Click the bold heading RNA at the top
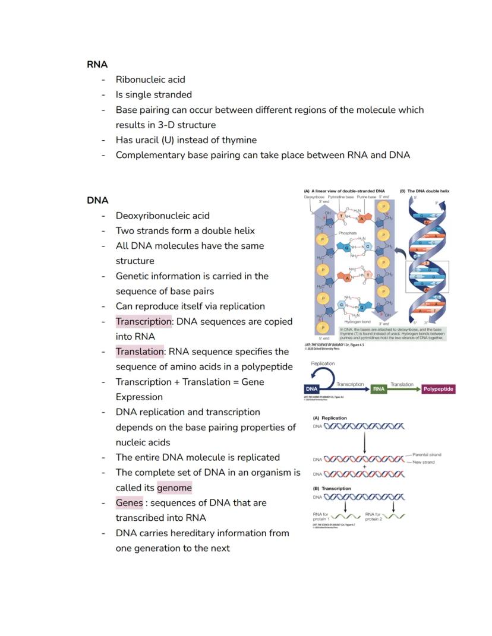coord(97,64)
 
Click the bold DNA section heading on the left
coord(97,201)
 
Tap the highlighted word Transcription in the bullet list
coord(143,321)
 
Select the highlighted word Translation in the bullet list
coord(140,352)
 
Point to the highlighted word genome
coord(174,488)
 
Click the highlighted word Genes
coord(129,503)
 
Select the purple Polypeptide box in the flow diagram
coord(439,390)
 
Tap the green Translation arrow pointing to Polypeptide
coord(402,390)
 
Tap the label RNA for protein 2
coord(374,516)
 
